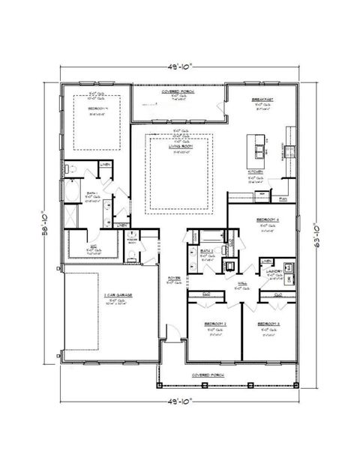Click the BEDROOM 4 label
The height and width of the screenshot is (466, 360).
pyautogui.click(x=269, y=220)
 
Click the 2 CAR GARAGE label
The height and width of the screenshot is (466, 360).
pyautogui.click(x=118, y=295)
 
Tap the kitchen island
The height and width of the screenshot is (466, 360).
pyautogui.click(x=259, y=148)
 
